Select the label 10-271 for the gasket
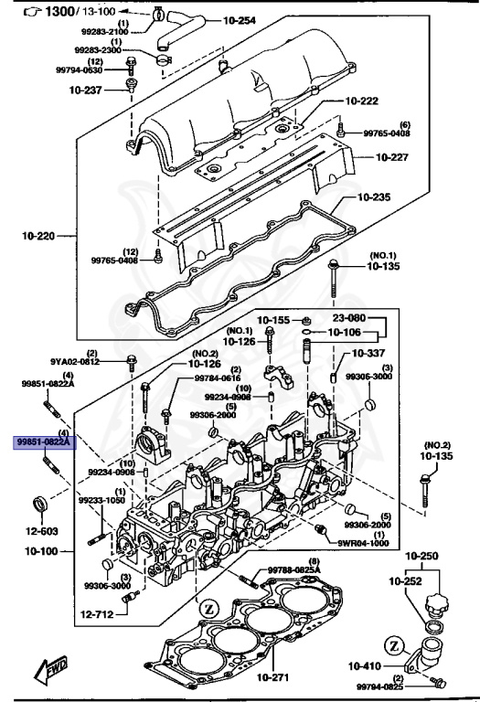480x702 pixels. tap(274, 677)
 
